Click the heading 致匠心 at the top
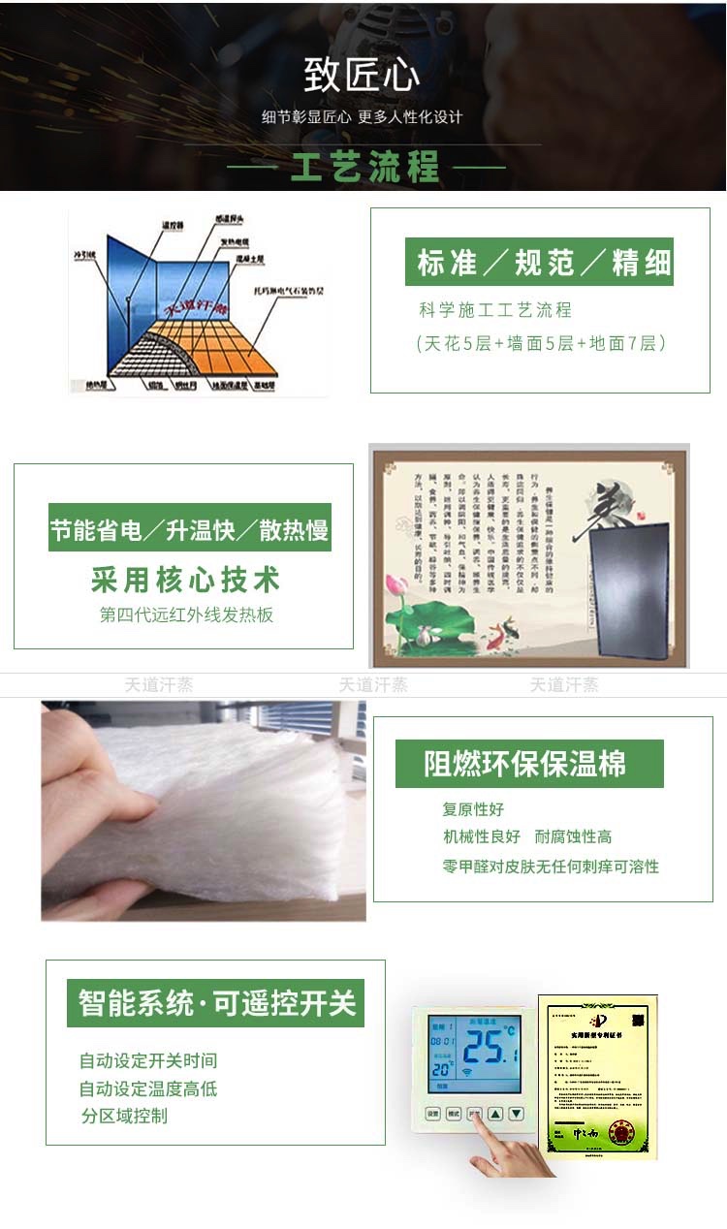click(x=363, y=76)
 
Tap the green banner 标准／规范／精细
click(x=539, y=263)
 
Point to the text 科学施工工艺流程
click(x=495, y=310)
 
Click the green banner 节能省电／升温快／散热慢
click(x=190, y=530)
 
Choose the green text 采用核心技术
click(x=185, y=580)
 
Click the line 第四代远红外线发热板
click(x=186, y=614)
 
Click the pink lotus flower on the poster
click(x=397, y=586)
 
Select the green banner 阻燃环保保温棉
click(x=529, y=764)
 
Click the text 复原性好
click(x=473, y=809)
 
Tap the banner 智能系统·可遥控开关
click(x=216, y=1002)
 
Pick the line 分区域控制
click(x=124, y=1116)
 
